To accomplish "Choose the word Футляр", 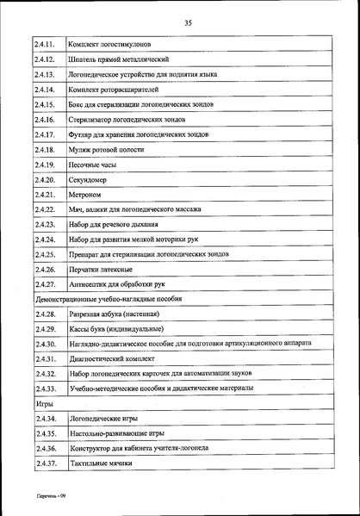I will tap(82, 134).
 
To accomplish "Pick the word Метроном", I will tap(84, 195).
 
